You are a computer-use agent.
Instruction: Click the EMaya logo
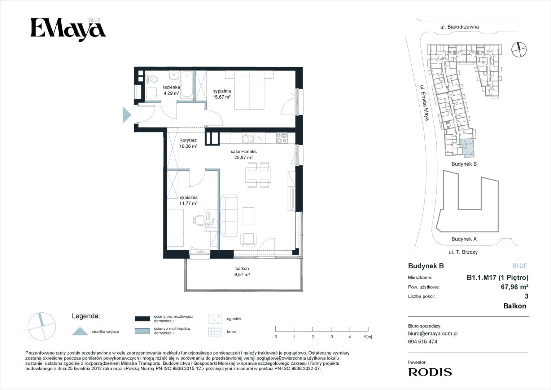click(68, 30)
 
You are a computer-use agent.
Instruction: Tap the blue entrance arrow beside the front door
click(126, 115)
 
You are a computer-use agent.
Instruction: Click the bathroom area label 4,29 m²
click(171, 93)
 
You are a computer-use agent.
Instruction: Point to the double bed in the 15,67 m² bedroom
click(249, 90)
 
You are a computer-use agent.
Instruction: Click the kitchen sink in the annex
click(248, 138)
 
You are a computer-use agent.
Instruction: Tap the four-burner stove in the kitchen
click(282, 138)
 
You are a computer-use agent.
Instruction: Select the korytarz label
click(188, 140)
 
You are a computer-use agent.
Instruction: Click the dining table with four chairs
click(258, 175)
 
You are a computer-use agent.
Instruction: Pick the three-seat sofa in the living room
click(229, 216)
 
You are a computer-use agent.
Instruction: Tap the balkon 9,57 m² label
click(242, 272)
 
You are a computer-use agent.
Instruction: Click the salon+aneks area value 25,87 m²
click(243, 157)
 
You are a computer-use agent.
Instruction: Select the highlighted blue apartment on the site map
click(467, 148)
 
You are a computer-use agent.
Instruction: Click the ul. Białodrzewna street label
click(459, 27)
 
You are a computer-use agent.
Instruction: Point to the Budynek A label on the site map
click(464, 239)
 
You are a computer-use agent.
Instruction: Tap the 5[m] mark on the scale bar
click(368, 337)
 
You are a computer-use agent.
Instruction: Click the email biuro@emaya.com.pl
click(433, 334)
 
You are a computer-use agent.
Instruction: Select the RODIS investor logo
click(430, 372)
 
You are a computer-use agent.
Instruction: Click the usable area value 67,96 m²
click(515, 287)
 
